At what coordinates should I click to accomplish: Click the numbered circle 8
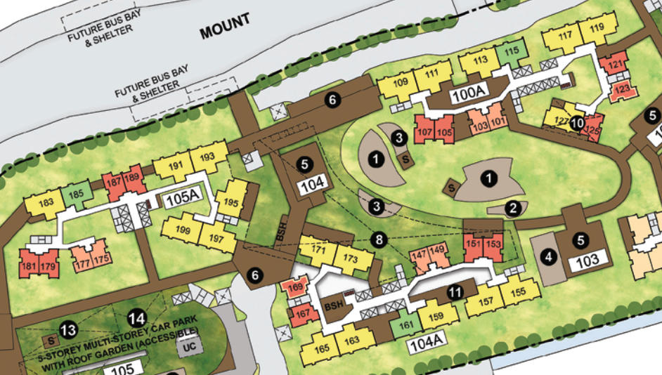pyautogui.click(x=380, y=239)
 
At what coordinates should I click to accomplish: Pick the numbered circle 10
pyautogui.click(x=577, y=123)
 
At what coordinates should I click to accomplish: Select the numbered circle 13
pyautogui.click(x=68, y=329)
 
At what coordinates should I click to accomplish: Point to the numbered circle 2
pyautogui.click(x=512, y=207)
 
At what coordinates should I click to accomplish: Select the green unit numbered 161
pyautogui.click(x=403, y=325)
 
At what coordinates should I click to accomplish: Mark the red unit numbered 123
pyautogui.click(x=622, y=90)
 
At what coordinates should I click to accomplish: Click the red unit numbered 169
pyautogui.click(x=296, y=287)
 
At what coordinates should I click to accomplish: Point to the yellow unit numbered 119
pyautogui.click(x=598, y=29)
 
